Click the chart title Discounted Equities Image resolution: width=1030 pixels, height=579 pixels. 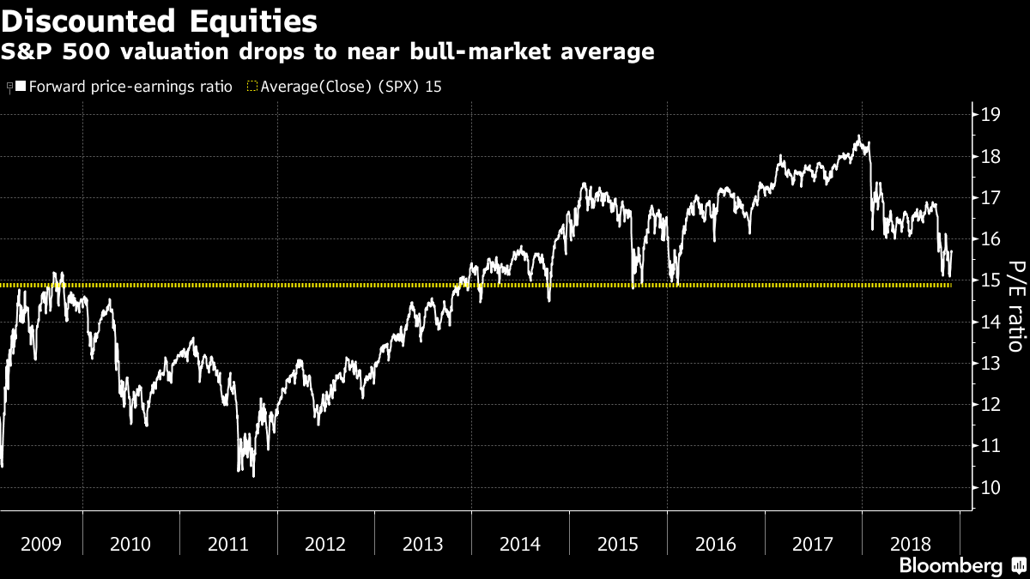click(x=160, y=20)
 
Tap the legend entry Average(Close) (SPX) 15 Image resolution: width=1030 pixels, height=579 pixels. click(x=351, y=87)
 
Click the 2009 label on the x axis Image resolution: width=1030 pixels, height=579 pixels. click(x=41, y=544)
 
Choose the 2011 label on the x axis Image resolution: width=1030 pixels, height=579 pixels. click(x=228, y=544)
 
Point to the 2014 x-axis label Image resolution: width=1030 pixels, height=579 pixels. click(x=520, y=544)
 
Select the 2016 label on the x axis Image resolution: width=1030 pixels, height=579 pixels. click(x=715, y=544)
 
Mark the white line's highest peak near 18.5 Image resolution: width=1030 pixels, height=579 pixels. click(x=857, y=136)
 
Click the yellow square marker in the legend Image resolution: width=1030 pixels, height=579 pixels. click(x=251, y=87)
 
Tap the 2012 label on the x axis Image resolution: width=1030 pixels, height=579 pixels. click(x=325, y=544)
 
